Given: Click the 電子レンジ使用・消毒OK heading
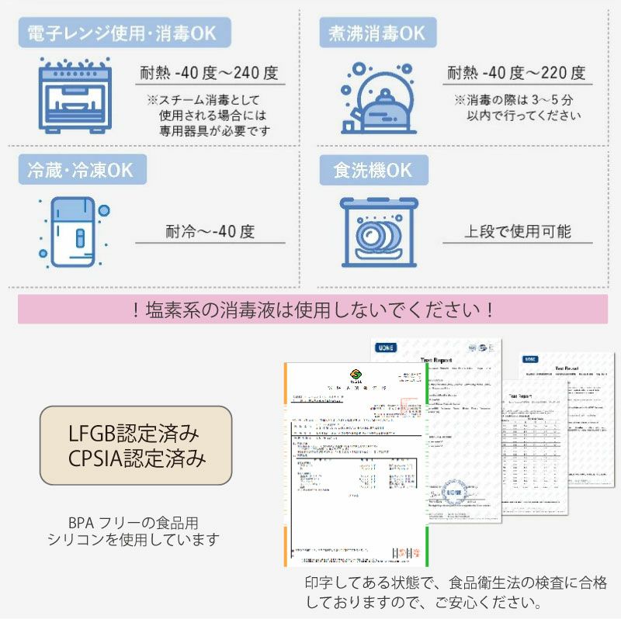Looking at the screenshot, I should [122, 33].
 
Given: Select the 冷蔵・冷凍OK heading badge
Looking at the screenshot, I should [81, 171].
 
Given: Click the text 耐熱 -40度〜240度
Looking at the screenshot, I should [209, 74].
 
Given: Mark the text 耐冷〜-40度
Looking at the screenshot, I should [210, 231].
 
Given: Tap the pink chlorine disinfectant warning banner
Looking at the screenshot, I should [312, 309].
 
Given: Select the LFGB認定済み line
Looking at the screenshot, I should [136, 432].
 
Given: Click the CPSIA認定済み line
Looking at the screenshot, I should [136, 458].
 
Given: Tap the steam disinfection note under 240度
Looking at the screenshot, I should [210, 116].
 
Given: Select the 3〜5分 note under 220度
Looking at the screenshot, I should [516, 108].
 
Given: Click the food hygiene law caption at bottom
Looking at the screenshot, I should [456, 592].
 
